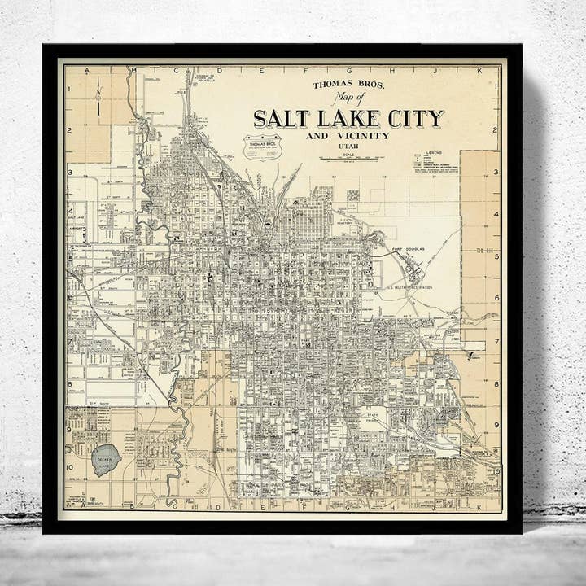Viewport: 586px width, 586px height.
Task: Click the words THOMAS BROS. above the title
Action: click(x=337, y=84)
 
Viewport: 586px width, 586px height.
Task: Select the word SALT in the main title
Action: click(x=282, y=118)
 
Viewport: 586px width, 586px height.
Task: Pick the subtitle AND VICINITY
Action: click(x=348, y=136)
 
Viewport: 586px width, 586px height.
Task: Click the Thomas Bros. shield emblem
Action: click(x=262, y=146)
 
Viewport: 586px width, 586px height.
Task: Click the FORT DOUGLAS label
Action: click(x=408, y=250)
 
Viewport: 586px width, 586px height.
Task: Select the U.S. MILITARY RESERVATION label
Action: click(x=409, y=288)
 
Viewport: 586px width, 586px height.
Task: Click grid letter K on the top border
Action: click(x=479, y=71)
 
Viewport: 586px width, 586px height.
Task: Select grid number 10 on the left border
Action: click(x=70, y=467)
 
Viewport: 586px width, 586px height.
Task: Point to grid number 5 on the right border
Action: click(x=496, y=256)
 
